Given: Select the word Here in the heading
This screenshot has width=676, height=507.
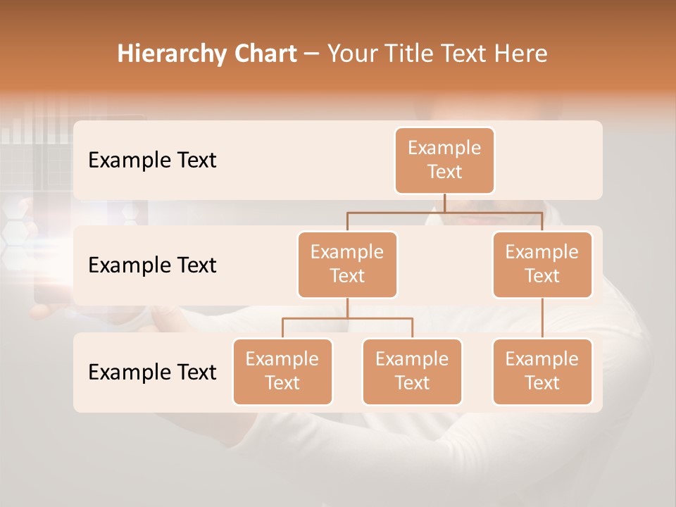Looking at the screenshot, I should point(520,54).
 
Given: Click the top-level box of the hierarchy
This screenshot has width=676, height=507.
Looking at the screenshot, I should point(444,160).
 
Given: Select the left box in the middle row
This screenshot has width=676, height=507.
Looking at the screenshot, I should point(347,264).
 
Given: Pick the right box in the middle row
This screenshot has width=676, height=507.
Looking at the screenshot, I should point(542,264).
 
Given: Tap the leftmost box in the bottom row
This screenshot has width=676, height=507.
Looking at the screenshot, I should point(282,371).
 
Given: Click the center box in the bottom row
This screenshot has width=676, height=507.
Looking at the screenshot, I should point(412,371).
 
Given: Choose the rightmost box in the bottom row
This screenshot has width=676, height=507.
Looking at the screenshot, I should point(542,371).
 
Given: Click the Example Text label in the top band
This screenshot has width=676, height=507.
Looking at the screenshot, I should point(152,161).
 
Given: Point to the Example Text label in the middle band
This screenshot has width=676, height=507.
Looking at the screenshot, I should point(152,265).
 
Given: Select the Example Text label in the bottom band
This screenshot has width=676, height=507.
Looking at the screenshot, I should point(152,372).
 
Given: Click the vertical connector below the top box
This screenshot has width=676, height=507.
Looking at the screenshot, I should point(444,203).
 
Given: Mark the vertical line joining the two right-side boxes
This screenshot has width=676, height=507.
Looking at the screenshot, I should point(542,318).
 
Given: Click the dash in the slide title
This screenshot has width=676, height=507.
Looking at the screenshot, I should point(311,54).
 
